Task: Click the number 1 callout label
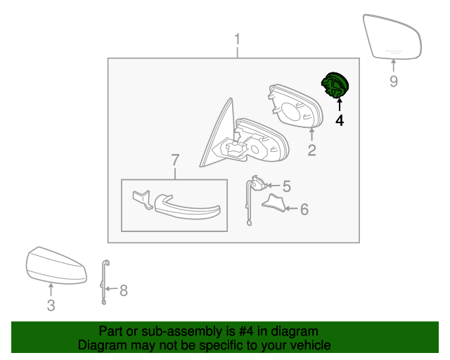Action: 237,39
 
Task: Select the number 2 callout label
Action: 311,150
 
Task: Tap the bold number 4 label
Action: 340,120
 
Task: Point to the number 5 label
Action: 287,186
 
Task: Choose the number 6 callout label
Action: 304,209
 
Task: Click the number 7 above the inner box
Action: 175,160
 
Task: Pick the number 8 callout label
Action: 124,290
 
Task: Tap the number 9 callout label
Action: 394,82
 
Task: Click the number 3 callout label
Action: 51,305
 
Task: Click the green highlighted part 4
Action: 335,84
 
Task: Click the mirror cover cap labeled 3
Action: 56,265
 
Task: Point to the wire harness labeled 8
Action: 105,282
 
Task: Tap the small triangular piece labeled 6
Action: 275,203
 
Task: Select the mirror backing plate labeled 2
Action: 295,106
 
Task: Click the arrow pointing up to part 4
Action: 340,104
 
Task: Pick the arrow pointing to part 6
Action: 291,209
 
